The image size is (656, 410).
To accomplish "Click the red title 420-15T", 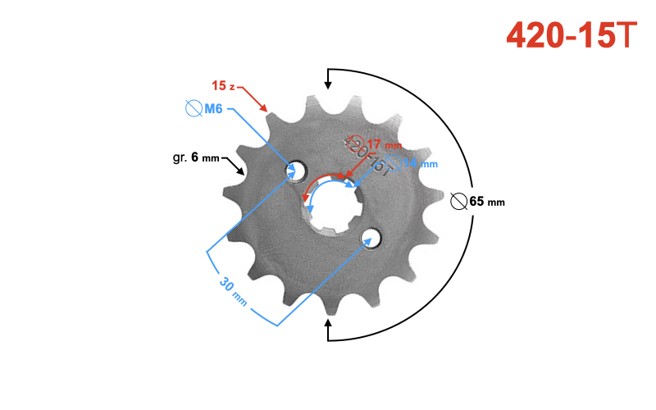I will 571,34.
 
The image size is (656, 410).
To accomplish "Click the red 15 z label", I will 223,86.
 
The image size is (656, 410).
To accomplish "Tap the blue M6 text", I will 213,108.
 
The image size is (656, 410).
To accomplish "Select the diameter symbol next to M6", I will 194,108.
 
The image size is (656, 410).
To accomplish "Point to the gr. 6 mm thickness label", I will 196,157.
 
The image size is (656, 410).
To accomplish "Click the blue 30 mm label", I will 233,290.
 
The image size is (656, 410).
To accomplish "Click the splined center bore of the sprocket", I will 332,204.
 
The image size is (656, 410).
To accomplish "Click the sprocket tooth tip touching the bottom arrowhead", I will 330,315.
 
